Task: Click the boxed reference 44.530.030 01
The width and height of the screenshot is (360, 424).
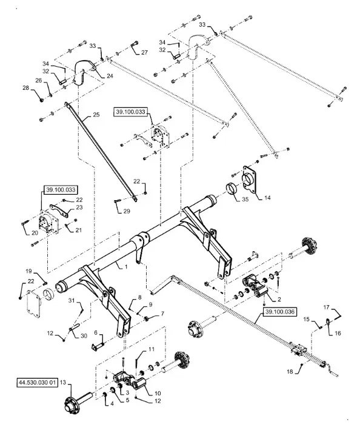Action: pos(38,382)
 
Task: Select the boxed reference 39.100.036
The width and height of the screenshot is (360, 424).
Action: pos(280,312)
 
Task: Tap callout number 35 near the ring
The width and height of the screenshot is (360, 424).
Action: pos(245,200)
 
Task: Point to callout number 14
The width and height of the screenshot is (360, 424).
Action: pos(267,198)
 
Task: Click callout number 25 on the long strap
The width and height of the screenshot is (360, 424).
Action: pos(96,115)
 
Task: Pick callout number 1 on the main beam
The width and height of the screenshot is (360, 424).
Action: pos(126,267)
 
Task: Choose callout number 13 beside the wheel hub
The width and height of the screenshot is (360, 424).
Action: pos(62,382)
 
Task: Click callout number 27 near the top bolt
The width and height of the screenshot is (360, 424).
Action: pos(145,52)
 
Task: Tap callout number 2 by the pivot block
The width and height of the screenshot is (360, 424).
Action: pos(279,299)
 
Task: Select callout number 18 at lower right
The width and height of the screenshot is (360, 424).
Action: pos(290,372)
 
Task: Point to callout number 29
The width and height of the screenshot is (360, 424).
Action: pos(127,211)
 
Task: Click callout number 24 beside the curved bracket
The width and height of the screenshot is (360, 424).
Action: pos(110,76)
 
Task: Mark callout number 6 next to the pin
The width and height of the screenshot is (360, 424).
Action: pos(96,332)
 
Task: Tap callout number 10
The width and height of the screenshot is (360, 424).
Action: pos(158,393)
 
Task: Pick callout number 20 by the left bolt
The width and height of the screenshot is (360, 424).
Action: pos(35,233)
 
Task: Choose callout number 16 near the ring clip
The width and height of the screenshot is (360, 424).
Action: pos(338,333)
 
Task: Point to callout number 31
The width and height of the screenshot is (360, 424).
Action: pos(71,300)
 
